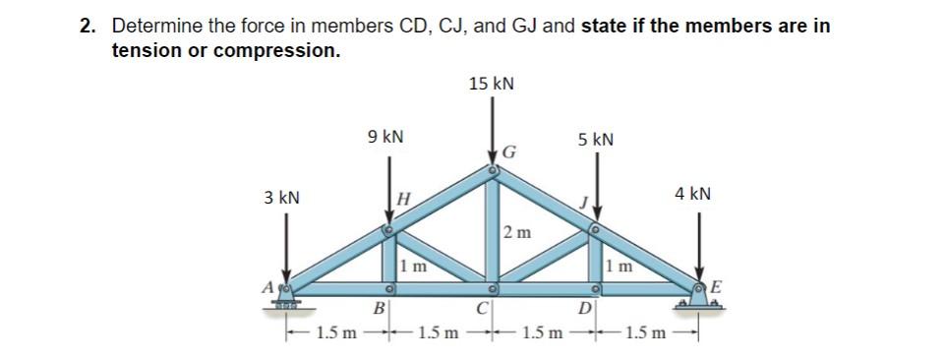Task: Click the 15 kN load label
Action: pyautogui.click(x=491, y=84)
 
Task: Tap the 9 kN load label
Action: pyautogui.click(x=384, y=138)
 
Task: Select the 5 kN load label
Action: pyautogui.click(x=595, y=139)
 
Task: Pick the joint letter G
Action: pyautogui.click(x=509, y=151)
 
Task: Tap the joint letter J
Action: pyautogui.click(x=582, y=204)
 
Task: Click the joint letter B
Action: pyautogui.click(x=375, y=315)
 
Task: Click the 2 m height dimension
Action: pyautogui.click(x=517, y=233)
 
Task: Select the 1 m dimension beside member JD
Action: pyautogui.click(x=619, y=265)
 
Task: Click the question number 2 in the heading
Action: pyautogui.click(x=87, y=27)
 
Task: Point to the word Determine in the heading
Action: pyautogui.click(x=152, y=27)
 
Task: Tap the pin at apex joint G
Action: pyautogui.click(x=494, y=171)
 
